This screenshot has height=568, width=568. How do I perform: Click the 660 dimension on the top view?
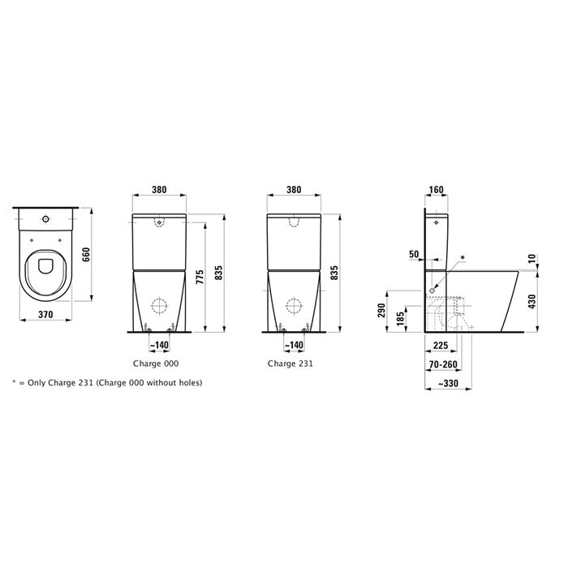click(x=87, y=254)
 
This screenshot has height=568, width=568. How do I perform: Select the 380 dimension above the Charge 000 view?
click(x=160, y=190)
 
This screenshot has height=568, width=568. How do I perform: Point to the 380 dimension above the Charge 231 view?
click(x=294, y=190)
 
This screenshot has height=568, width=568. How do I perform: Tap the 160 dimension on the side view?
click(x=436, y=191)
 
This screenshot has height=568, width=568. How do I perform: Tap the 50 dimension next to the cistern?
click(x=414, y=255)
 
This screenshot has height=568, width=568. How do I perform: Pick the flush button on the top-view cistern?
click(x=45, y=219)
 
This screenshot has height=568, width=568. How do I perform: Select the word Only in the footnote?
click(x=38, y=382)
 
